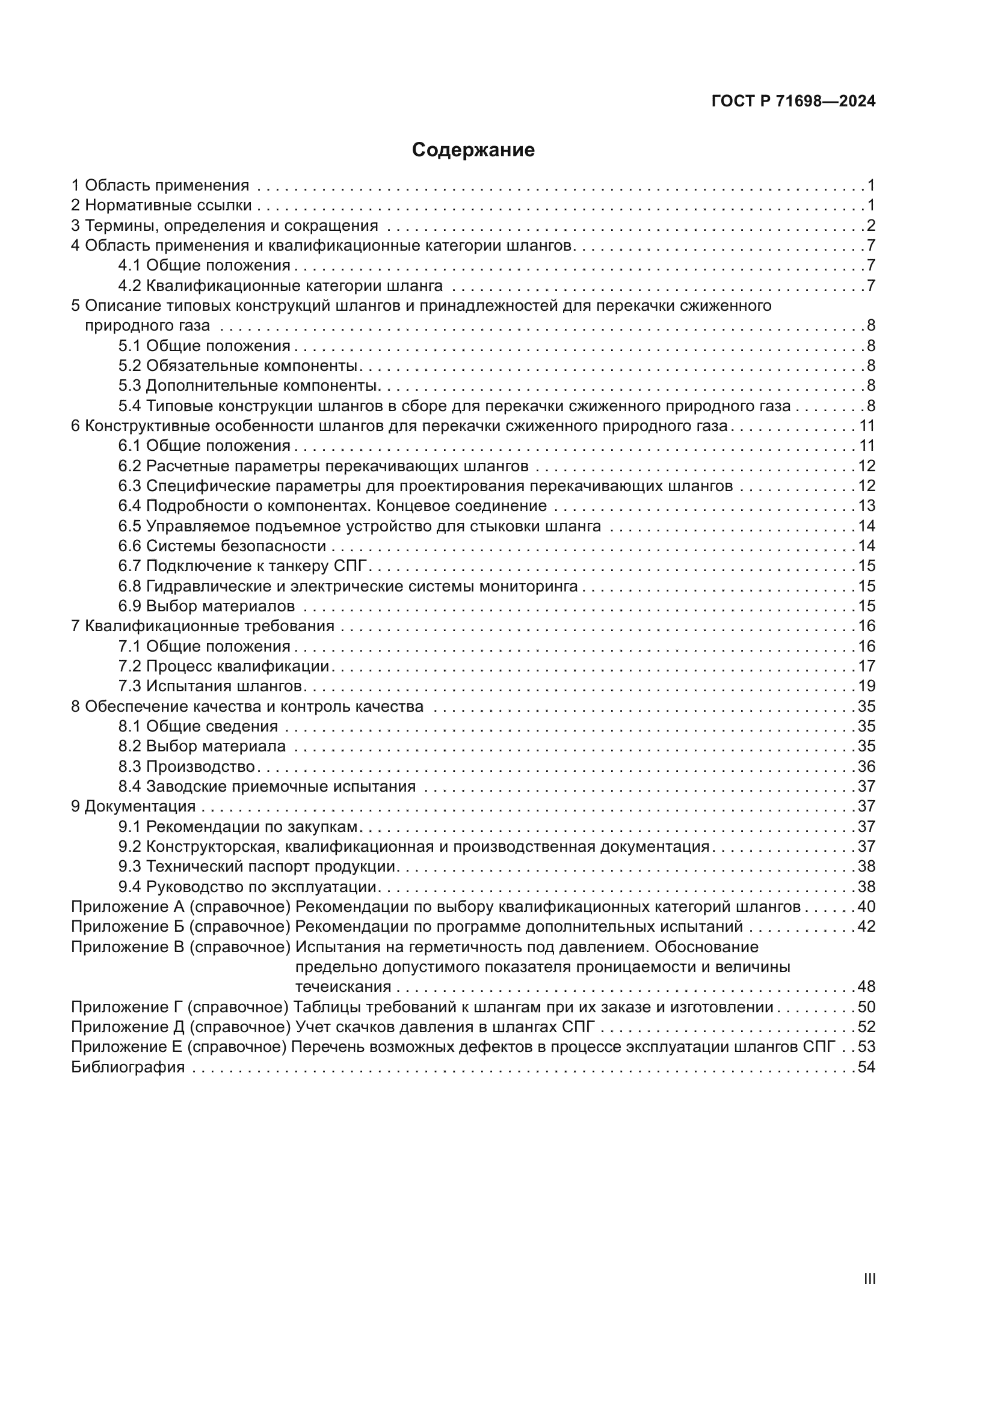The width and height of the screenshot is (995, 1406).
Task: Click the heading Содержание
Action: coord(473,150)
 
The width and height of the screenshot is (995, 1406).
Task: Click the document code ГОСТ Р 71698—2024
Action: coord(793,102)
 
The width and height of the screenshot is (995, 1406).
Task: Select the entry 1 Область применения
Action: coord(161,185)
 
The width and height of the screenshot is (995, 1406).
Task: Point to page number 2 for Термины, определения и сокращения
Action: coord(870,225)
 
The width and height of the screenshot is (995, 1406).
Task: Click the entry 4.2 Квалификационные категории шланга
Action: coord(280,286)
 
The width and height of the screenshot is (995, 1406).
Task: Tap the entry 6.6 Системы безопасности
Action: coord(223,546)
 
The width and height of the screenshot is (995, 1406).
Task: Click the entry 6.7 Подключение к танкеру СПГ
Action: coord(245,566)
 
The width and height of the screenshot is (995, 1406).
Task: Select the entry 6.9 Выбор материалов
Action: coord(206,606)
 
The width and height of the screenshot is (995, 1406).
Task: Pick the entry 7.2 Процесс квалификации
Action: coord(224,665)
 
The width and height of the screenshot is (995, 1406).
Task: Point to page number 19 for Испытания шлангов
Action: coord(866,686)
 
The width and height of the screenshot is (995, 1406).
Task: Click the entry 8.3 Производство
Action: coord(187,766)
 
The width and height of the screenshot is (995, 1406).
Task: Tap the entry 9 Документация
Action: coord(134,806)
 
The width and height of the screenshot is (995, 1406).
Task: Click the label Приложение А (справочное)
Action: coord(180,906)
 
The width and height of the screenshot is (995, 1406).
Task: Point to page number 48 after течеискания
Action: coord(866,986)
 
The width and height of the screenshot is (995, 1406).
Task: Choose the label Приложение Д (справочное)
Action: coord(180,1026)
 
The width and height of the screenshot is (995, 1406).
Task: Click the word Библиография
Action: coord(128,1067)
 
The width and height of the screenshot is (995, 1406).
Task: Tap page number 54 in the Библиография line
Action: coord(866,1067)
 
